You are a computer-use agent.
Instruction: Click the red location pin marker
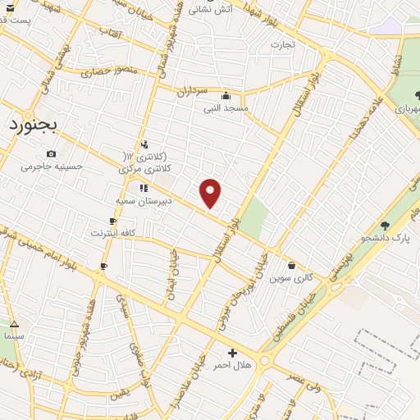[211, 192]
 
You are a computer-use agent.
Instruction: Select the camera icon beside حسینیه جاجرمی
[52, 154]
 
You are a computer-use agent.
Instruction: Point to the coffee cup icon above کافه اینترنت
[112, 221]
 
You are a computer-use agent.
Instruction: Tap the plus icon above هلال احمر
[232, 353]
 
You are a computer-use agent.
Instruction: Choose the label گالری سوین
[292, 277]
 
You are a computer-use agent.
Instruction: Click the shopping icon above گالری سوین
[292, 265]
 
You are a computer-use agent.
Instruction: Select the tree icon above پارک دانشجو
[385, 226]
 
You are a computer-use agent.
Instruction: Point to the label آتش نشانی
[212, 11]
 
